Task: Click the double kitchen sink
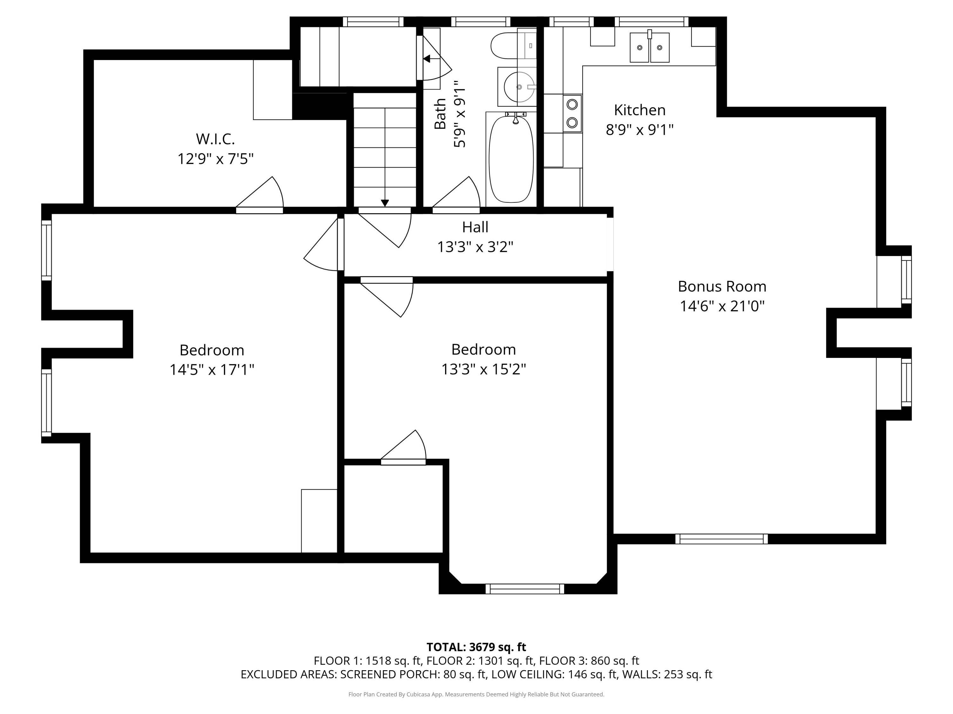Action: coord(650,47)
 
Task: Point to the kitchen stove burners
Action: coord(572,113)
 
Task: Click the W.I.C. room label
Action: coord(215,139)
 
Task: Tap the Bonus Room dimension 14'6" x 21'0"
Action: coord(722,306)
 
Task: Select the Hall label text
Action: coord(475,227)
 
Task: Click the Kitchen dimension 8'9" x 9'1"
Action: coord(640,129)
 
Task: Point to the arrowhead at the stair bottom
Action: coord(385,203)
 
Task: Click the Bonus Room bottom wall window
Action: coord(722,539)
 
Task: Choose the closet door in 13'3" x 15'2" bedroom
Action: coord(403,447)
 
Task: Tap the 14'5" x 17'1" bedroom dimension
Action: coord(212,370)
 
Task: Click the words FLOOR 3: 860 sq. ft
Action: coord(589,661)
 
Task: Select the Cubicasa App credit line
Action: coord(476,694)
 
